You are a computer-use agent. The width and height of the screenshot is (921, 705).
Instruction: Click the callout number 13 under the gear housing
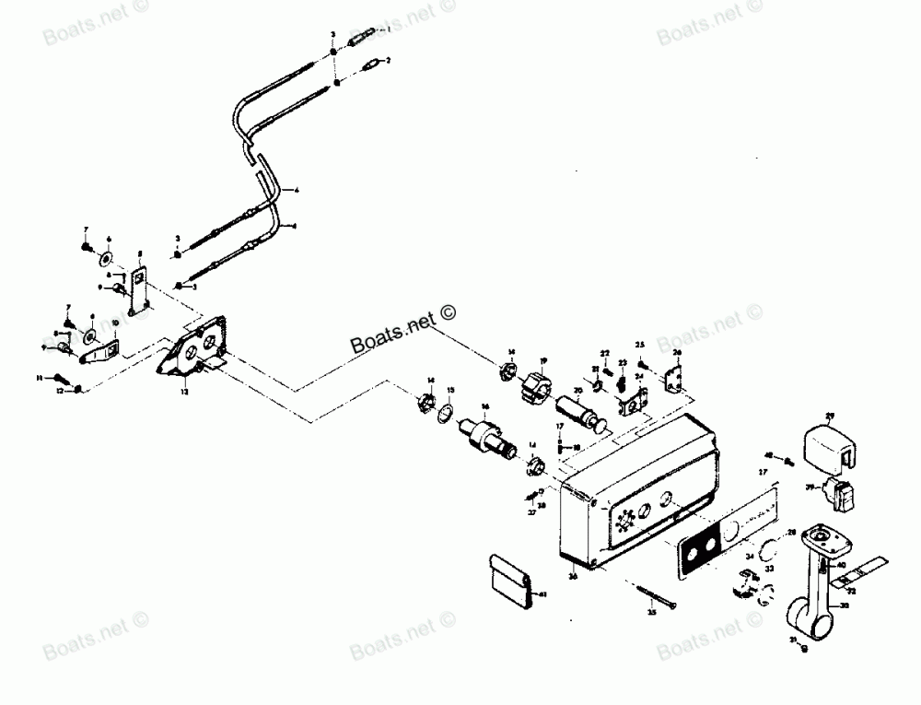click(x=184, y=392)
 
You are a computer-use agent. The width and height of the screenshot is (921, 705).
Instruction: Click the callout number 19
click(x=544, y=360)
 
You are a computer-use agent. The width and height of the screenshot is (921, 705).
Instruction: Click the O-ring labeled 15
click(x=446, y=414)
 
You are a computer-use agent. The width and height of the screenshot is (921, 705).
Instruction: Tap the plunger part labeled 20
click(x=586, y=412)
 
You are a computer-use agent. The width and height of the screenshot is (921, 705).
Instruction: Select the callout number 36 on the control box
click(x=573, y=577)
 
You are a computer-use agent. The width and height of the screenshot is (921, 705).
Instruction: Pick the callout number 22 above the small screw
click(x=605, y=353)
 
